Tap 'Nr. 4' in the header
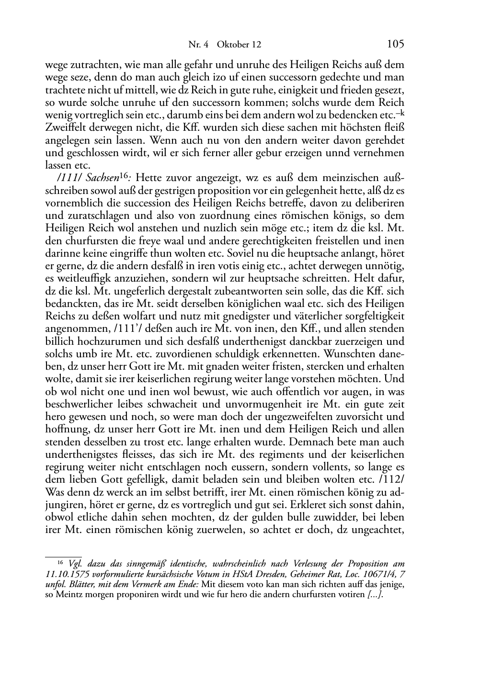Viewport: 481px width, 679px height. coord(198,45)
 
